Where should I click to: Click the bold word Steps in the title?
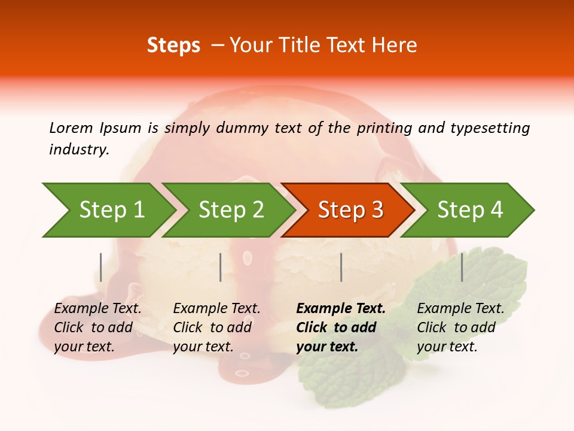point(173,45)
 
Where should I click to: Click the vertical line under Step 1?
point(100,267)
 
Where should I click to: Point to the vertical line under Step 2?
point(221,267)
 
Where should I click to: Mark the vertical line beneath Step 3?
point(341,267)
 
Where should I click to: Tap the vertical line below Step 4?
point(462,267)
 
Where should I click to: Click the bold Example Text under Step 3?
point(341,309)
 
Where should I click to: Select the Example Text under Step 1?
point(97,309)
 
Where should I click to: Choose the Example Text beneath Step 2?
point(216,309)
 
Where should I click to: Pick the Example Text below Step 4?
point(460,309)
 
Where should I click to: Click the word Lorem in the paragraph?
point(71,128)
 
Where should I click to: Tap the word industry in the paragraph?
point(79,149)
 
